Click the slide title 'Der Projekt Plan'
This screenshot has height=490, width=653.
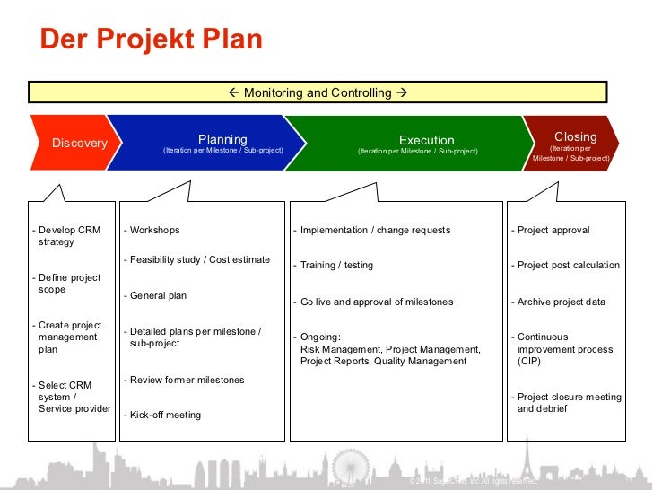[x=152, y=40]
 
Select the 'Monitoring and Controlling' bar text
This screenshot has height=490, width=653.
[x=318, y=92]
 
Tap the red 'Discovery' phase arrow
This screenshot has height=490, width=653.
[x=79, y=144]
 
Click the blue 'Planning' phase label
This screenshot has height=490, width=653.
[x=222, y=139]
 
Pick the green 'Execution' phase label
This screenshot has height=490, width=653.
[x=426, y=140]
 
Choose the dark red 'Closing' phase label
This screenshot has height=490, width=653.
[x=575, y=136]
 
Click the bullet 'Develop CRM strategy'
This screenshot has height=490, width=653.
[x=68, y=236]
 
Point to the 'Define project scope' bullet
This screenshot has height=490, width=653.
[x=68, y=284]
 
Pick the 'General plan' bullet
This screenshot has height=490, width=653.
[x=158, y=295]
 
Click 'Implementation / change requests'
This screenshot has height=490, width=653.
[x=375, y=230]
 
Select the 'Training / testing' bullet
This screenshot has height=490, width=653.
[x=336, y=265]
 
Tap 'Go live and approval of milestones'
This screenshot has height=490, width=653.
[x=377, y=302]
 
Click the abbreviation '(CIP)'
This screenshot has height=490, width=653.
[x=530, y=361]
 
